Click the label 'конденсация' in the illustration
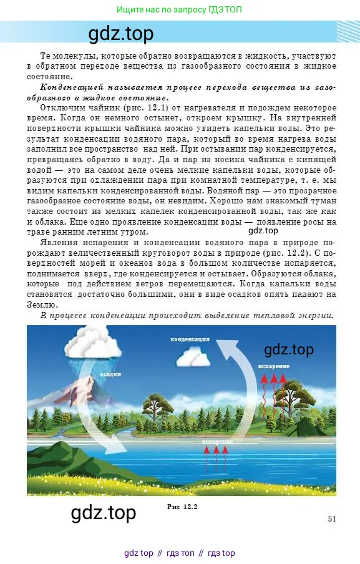(x=190, y=340)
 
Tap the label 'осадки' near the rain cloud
(x=110, y=374)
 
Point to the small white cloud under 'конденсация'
(x=192, y=357)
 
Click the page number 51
(x=332, y=518)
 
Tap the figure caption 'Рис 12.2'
(x=182, y=506)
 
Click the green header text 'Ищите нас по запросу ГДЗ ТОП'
(x=180, y=9)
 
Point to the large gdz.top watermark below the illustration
(x=104, y=513)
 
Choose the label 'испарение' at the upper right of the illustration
(x=273, y=366)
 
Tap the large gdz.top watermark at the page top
(x=121, y=33)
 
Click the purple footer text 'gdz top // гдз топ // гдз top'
(x=180, y=553)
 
